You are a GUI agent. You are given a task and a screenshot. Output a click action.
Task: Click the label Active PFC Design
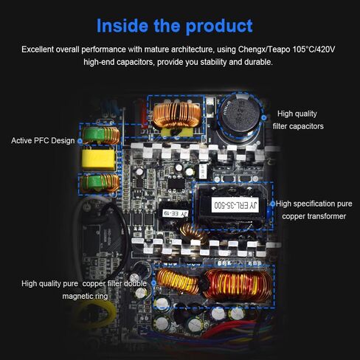(x=43, y=140)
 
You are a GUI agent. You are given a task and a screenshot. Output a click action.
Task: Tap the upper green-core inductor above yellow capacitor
(x=99, y=135)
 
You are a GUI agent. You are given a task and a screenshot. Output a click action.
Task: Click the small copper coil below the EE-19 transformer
(x=195, y=235)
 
